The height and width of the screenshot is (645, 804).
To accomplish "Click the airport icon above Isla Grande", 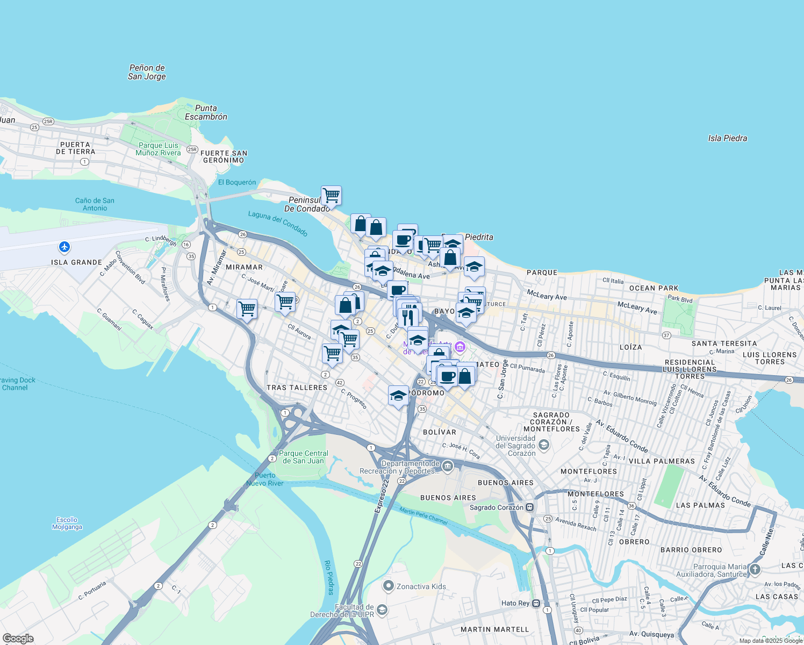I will click(x=64, y=247).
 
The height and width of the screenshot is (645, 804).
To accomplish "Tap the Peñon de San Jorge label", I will click(x=147, y=72).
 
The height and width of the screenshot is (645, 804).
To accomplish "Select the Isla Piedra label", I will click(x=727, y=138).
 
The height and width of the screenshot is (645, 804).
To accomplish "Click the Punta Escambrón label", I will click(x=206, y=112).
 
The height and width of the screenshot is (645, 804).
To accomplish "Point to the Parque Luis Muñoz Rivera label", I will click(x=158, y=149).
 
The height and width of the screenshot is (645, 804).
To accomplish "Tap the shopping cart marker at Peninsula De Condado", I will click(x=331, y=195).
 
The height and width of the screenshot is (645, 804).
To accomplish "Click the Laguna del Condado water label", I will click(x=278, y=224).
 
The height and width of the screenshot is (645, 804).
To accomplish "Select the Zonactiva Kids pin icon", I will click(x=388, y=586).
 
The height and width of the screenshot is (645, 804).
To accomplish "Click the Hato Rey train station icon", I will click(x=536, y=603).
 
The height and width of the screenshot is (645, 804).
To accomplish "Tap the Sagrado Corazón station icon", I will click(x=530, y=507).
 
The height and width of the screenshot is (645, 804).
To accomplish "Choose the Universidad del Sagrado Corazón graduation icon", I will click(x=544, y=445).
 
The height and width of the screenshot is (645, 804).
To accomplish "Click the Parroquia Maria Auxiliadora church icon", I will click(x=755, y=569).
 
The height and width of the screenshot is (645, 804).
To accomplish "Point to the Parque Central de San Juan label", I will click(x=303, y=457).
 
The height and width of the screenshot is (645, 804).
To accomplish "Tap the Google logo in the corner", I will click(x=18, y=638).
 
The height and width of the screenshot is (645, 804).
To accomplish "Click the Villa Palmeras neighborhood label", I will click(x=662, y=461).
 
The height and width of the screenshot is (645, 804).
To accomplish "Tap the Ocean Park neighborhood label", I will click(x=654, y=288).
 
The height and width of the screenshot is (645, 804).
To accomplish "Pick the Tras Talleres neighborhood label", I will click(x=297, y=388).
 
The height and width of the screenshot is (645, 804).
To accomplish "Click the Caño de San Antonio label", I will click(x=95, y=204).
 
